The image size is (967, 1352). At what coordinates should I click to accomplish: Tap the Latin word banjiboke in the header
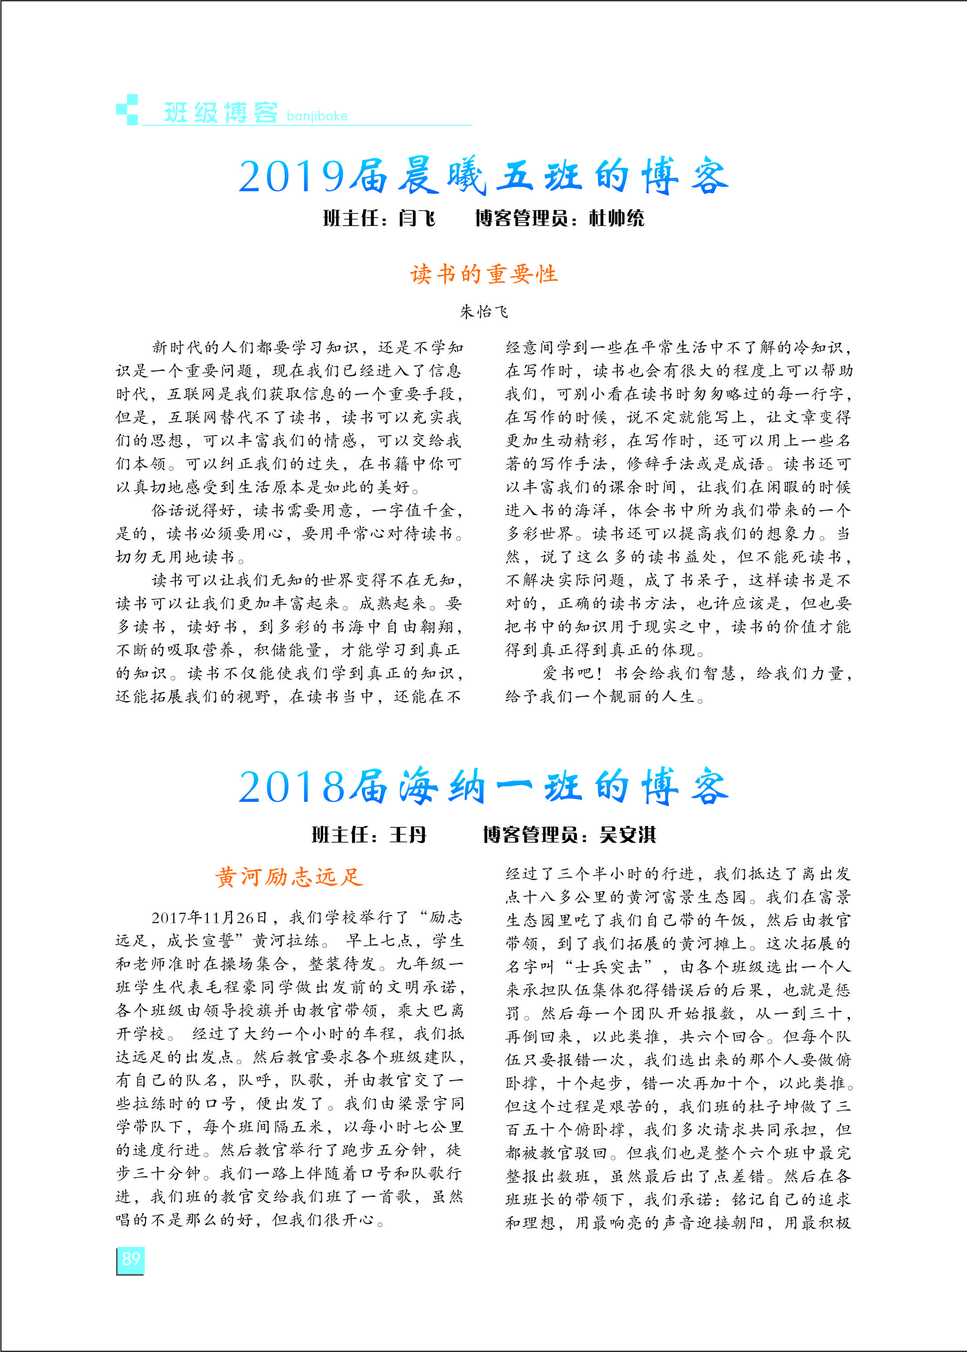pos(317,116)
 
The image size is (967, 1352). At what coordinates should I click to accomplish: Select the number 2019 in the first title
pos(292,177)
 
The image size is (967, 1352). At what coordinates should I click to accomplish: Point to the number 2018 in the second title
pos(292,787)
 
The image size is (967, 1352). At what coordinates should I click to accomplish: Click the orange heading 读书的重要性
pos(484,274)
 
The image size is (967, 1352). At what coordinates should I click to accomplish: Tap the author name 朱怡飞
pos(484,311)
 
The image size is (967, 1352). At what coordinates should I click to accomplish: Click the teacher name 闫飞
pos(417,219)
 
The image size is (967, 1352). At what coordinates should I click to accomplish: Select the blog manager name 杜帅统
pos(616,219)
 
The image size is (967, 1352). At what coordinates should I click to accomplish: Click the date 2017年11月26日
pos(210,917)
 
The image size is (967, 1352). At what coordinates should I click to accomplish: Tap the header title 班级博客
pos(221,112)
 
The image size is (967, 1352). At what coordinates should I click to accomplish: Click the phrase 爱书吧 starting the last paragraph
pos(569,673)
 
